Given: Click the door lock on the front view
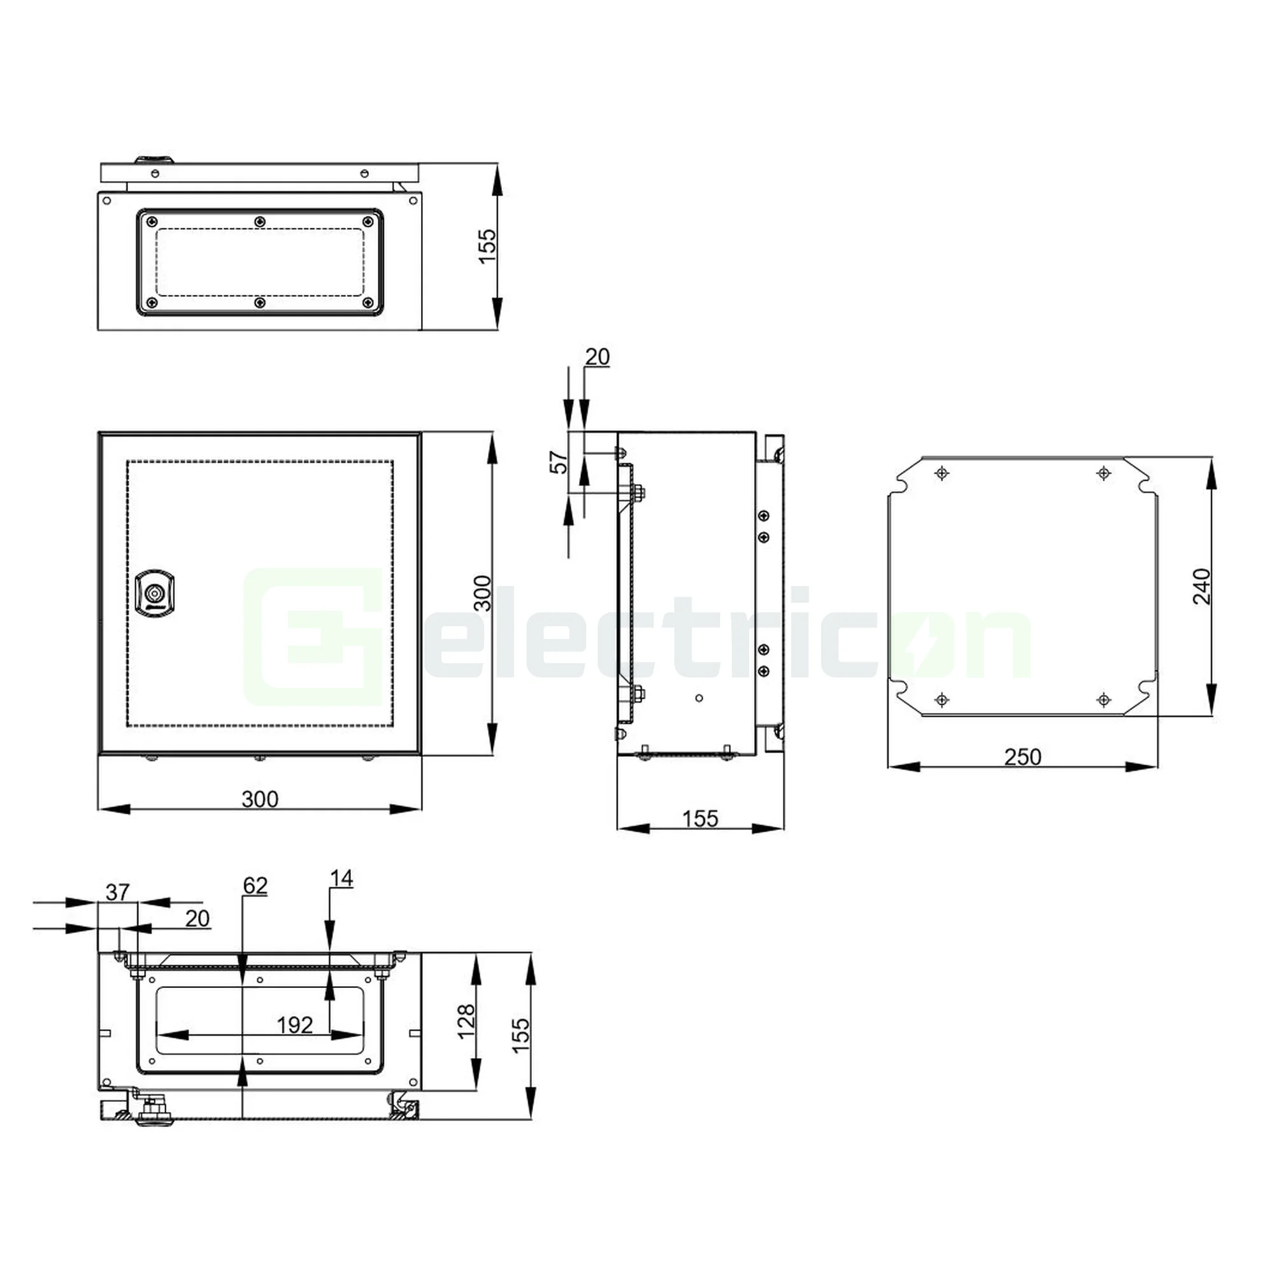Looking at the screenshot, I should (x=154, y=594).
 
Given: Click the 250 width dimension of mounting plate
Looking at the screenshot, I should (x=1022, y=756).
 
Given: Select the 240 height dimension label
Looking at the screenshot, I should (x=1201, y=585).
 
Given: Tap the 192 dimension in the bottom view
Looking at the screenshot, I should (x=294, y=1025).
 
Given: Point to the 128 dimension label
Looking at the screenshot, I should (x=466, y=1022).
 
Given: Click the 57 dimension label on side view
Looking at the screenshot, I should (x=559, y=462).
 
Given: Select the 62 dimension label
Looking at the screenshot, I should (x=255, y=885).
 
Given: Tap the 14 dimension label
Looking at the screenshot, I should (x=341, y=878).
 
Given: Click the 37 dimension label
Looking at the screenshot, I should (x=117, y=892).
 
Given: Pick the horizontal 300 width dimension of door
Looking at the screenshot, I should (x=260, y=799).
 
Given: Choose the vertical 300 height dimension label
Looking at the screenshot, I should (x=483, y=593).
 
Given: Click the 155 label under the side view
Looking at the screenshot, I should (x=699, y=819).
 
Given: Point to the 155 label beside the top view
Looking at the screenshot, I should (x=487, y=246).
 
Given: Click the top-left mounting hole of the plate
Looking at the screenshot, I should (x=941, y=473).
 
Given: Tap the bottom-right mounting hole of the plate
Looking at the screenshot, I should (x=1104, y=699).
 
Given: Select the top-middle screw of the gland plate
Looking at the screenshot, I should (x=260, y=222).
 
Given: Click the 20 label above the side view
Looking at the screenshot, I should (x=597, y=357).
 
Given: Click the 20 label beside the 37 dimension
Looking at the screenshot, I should (x=197, y=919).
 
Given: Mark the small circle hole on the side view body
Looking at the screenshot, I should (x=699, y=698).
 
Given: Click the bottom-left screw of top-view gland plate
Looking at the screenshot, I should (x=152, y=303).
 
